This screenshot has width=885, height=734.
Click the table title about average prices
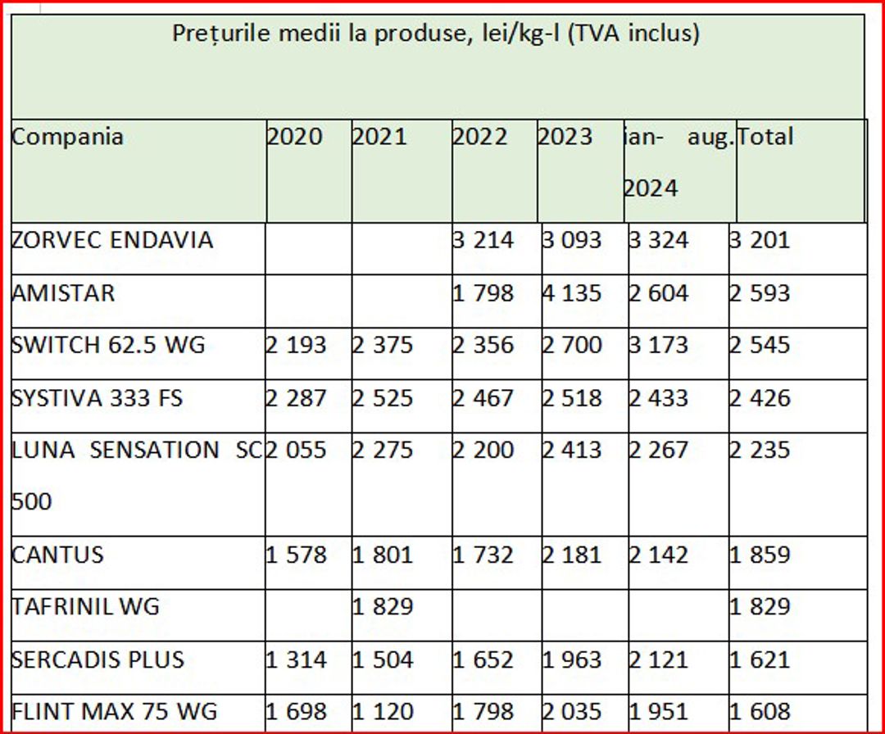click(x=436, y=34)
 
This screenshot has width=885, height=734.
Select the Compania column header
click(x=67, y=136)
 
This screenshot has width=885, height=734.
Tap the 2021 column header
click(x=379, y=136)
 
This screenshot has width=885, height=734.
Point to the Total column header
click(x=765, y=136)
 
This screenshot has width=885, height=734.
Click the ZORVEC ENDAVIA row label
click(x=111, y=240)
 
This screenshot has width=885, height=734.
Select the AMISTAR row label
click(x=63, y=292)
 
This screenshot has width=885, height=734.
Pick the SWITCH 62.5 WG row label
click(x=108, y=345)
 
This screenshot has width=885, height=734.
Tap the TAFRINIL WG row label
click(x=85, y=607)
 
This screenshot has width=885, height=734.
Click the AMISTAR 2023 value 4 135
click(x=572, y=292)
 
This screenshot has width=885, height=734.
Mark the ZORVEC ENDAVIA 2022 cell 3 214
click(x=483, y=240)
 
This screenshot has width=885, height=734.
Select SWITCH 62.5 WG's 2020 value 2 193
click(x=296, y=345)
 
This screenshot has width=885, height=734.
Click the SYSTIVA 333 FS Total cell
click(x=760, y=398)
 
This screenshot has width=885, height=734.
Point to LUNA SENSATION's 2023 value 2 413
click(x=572, y=450)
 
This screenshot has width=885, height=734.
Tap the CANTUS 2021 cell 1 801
click(x=383, y=555)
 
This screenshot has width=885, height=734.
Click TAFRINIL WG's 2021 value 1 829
click(x=383, y=607)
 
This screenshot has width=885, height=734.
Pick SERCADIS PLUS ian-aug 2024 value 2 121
click(x=659, y=659)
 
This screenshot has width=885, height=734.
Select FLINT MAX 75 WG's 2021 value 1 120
click(x=383, y=711)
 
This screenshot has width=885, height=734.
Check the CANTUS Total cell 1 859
click(x=760, y=555)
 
